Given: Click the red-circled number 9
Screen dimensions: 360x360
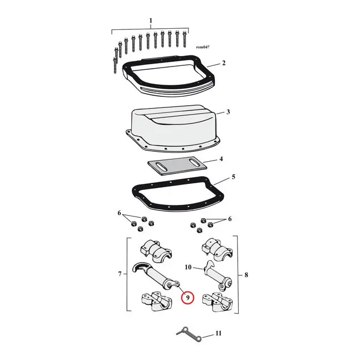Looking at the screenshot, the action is (188, 298).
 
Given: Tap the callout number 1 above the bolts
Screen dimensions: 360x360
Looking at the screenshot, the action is (151, 20).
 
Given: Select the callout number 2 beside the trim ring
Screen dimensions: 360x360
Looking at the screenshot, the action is (224, 63).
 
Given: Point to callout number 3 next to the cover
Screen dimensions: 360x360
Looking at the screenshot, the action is (228, 112).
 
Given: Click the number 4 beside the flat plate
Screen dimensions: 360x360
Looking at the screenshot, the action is (221, 158).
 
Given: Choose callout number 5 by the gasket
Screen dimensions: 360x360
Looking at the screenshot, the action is (234, 177).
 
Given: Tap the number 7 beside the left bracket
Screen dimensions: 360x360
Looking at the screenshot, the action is (120, 274).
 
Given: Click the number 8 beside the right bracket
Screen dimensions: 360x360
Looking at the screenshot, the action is (246, 275).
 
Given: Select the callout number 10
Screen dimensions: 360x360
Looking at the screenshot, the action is (188, 268).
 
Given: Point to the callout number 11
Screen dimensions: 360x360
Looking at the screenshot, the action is (218, 333).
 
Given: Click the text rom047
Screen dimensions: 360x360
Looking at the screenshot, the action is (203, 47).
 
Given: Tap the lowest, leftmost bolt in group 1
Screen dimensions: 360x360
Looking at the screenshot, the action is (115, 65).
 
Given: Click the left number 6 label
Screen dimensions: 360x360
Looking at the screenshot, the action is (119, 213).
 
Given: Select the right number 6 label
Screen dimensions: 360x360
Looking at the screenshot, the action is (230, 219).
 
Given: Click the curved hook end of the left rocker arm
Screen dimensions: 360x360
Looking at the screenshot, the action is (140, 266).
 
